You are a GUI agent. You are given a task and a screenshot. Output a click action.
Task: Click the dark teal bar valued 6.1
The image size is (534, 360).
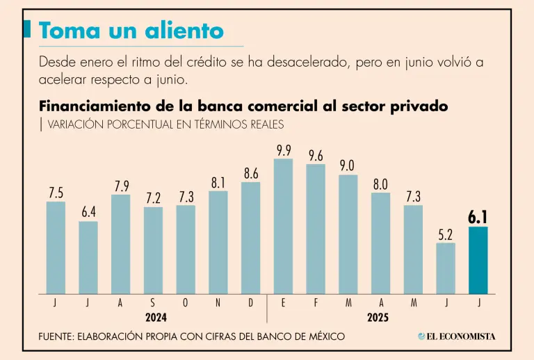(x=478, y=260)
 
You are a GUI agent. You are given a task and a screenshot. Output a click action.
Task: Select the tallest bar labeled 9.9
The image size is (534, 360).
(x=283, y=226)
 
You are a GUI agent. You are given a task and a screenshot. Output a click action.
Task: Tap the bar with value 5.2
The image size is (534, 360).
(x=446, y=268)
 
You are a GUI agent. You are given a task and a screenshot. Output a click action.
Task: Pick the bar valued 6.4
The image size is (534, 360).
(x=88, y=257)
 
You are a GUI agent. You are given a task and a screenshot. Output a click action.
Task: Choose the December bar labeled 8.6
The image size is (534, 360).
(x=251, y=238)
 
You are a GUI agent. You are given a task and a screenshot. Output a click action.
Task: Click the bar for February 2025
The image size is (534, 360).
(x=316, y=229)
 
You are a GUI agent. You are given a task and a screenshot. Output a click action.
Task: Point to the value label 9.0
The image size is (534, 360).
(x=348, y=165)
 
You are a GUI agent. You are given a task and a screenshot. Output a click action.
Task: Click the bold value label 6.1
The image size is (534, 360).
(x=478, y=217)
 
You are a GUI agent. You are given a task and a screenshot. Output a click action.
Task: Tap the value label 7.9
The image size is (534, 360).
(x=121, y=186)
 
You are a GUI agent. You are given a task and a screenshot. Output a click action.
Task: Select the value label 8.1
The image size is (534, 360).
(x=218, y=182)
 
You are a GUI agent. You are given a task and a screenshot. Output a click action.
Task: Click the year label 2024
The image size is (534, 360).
(x=156, y=318)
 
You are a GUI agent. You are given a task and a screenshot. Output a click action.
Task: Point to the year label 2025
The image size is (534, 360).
(x=378, y=318)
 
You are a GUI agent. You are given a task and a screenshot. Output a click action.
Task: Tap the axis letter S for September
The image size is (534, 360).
(x=153, y=304)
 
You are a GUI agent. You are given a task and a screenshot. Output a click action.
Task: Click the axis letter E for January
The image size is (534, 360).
(x=284, y=304)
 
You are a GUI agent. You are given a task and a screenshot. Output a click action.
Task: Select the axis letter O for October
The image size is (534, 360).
(x=186, y=304)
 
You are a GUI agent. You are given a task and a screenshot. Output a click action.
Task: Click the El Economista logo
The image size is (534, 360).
(x=457, y=336)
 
